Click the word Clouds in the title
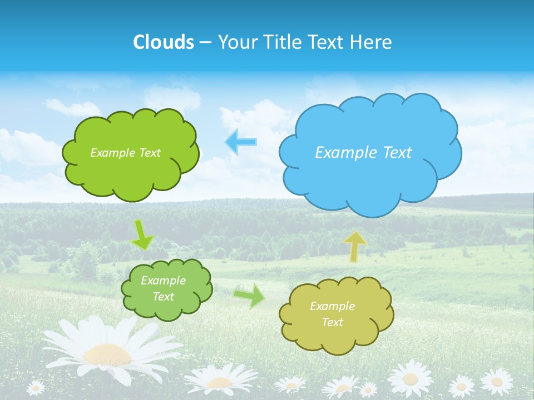(164, 42)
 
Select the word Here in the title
(372, 42)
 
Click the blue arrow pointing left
(241, 142)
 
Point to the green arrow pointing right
(249, 295)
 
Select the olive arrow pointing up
(354, 246)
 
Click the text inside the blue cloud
(363, 152)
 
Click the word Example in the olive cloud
(332, 306)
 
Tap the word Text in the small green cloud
(163, 297)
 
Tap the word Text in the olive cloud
(332, 322)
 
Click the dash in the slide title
(205, 43)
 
